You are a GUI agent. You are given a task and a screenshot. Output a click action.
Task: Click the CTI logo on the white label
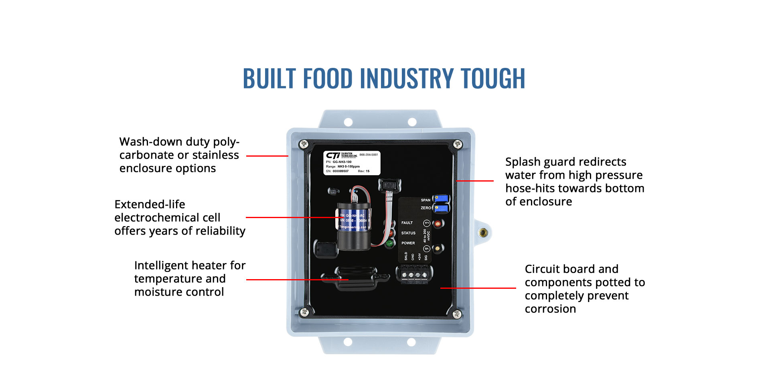coord(333,155)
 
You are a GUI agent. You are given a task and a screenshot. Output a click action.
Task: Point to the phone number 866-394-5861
coord(369,155)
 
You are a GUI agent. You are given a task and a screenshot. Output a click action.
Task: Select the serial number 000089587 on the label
coord(340,171)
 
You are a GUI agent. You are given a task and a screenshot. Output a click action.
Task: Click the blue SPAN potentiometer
coord(441,198)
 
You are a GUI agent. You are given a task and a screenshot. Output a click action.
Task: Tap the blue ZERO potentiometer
coord(441,208)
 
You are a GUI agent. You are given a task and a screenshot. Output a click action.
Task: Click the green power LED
coord(389,243)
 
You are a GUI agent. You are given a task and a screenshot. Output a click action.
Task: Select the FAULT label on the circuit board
coord(407,223)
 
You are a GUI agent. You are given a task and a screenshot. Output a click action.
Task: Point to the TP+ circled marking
coord(427,223)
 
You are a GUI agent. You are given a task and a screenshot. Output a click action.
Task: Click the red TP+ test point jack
coord(438,223)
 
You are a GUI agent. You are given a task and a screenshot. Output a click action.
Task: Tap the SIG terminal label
coord(426,257)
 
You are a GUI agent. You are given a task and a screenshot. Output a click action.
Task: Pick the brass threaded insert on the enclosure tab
coord(483,232)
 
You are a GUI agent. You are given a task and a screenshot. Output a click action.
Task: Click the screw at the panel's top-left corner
coord(304,144)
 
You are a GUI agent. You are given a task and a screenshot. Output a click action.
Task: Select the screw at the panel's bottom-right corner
coord(457,314)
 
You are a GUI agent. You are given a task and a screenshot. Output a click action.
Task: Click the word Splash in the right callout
coord(523,162)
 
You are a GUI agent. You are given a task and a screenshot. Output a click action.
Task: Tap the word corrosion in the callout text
coord(550,309)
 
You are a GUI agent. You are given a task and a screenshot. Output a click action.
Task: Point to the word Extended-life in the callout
coord(150,204)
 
